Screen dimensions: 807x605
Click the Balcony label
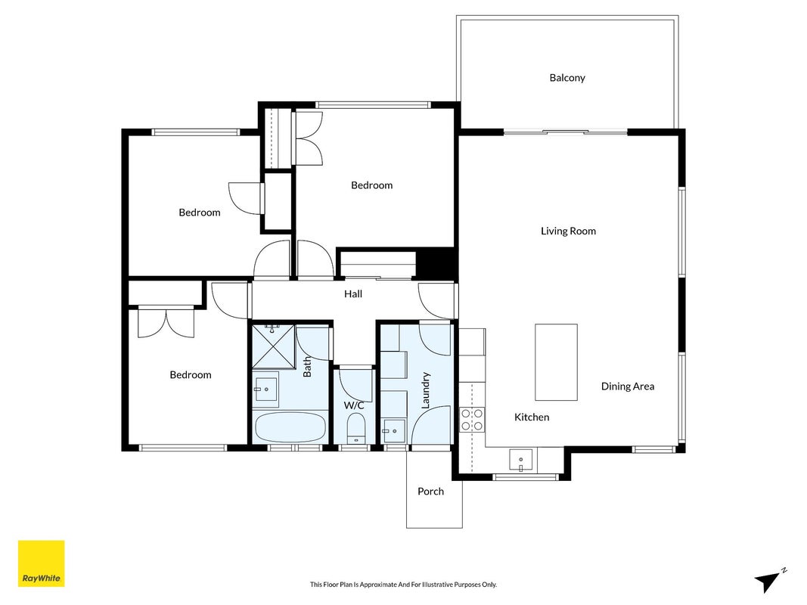(x=567, y=78)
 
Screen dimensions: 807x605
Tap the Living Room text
(x=568, y=231)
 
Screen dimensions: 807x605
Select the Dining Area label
(x=628, y=386)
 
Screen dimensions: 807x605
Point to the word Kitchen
(x=532, y=417)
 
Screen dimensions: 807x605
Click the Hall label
(x=353, y=294)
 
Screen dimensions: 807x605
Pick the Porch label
(x=431, y=492)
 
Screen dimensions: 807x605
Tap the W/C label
(x=354, y=405)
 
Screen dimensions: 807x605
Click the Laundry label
(x=425, y=390)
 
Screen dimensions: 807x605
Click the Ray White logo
(x=41, y=563)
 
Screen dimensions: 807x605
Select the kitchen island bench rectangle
(x=556, y=362)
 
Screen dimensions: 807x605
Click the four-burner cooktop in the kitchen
(x=472, y=419)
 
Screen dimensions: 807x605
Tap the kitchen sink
(x=521, y=459)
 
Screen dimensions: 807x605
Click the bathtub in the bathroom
(x=290, y=427)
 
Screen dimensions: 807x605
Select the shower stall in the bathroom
(x=273, y=347)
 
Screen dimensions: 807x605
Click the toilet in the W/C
(x=356, y=429)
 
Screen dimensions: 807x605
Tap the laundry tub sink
(x=394, y=431)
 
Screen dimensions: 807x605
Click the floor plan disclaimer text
(x=404, y=585)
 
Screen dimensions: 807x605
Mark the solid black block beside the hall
(x=436, y=264)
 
